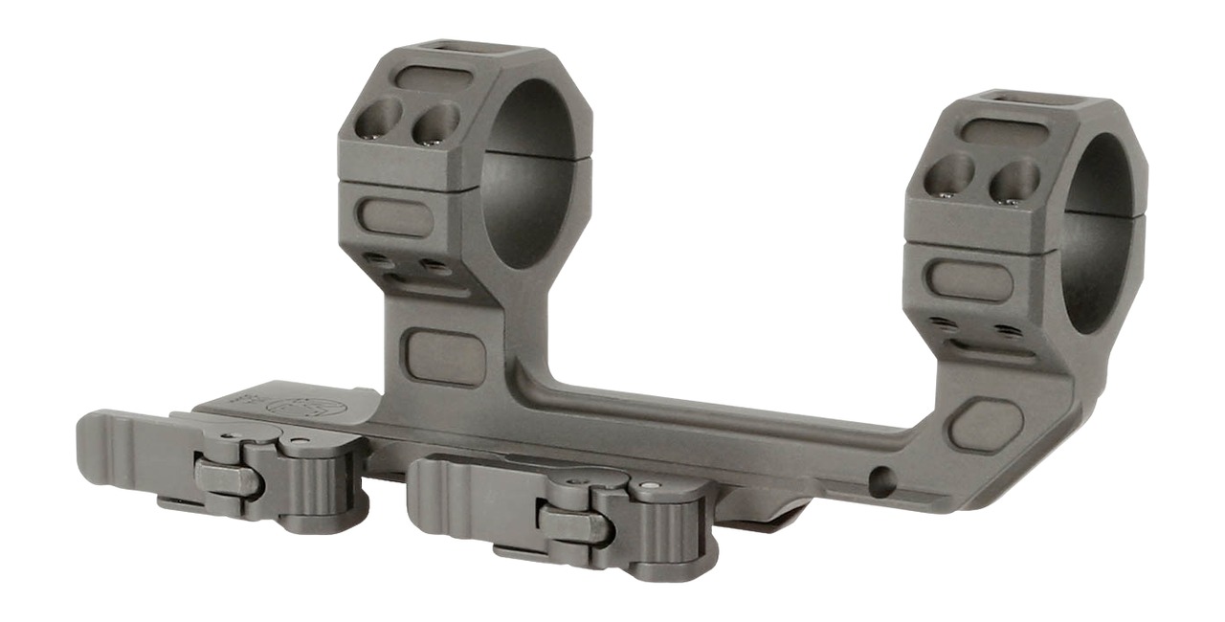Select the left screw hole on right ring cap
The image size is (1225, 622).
coord(950,175)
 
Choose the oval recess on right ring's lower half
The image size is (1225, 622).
coord(968,278)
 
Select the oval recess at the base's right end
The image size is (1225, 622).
coord(986,425)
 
